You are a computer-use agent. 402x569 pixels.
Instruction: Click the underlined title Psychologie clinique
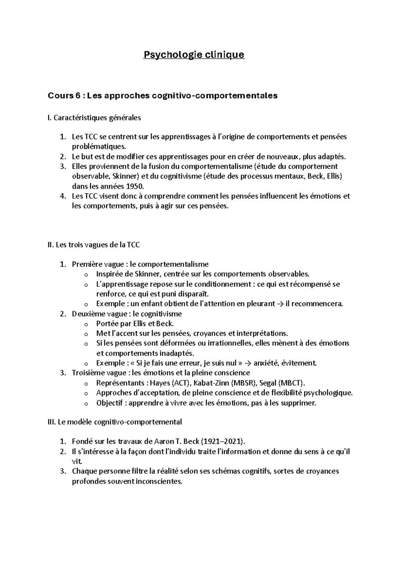point(194,55)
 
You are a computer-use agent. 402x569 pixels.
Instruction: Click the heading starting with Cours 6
point(163,96)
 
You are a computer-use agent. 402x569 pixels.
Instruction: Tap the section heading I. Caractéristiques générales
point(94,118)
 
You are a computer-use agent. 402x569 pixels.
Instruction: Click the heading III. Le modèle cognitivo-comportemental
point(115,422)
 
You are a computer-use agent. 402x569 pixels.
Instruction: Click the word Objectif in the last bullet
point(110,403)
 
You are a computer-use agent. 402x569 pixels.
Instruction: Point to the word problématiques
point(99,147)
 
